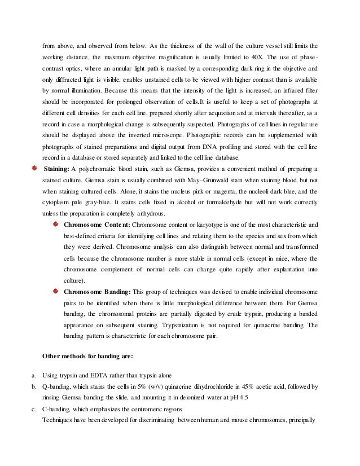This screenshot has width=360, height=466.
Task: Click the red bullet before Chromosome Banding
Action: point(55,291)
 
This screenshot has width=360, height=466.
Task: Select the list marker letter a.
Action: point(34,376)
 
